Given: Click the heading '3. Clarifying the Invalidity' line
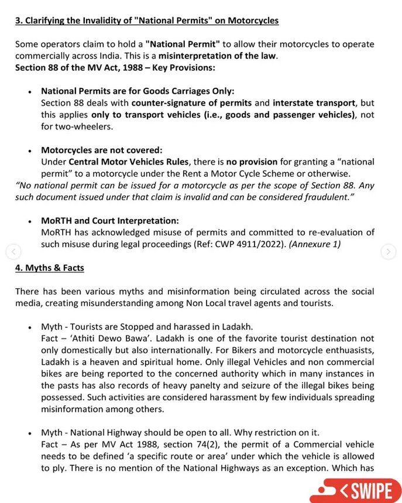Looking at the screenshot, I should coord(146,21).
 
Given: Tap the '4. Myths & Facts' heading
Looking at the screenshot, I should coord(50,268).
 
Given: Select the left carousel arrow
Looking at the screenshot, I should coord(13,252).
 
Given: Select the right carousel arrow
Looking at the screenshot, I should coord(388,252).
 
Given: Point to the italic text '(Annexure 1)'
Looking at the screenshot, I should coord(319,244).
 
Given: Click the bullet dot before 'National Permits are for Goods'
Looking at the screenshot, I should coord(29,92).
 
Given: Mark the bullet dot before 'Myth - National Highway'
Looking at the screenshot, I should coord(29,433).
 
